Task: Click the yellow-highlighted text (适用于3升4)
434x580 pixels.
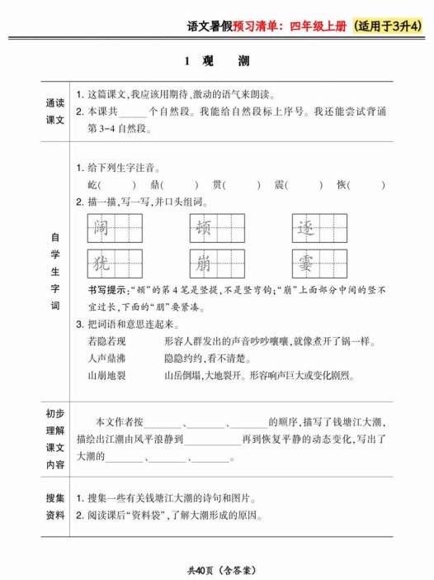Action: (x=386, y=26)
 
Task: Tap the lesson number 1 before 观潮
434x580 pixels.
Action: (x=187, y=61)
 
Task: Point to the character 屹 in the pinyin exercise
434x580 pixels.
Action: (x=92, y=184)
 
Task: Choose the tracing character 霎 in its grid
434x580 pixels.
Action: (x=305, y=264)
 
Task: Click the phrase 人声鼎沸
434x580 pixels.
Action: (x=107, y=358)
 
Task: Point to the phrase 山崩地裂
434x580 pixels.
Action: (x=107, y=375)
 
